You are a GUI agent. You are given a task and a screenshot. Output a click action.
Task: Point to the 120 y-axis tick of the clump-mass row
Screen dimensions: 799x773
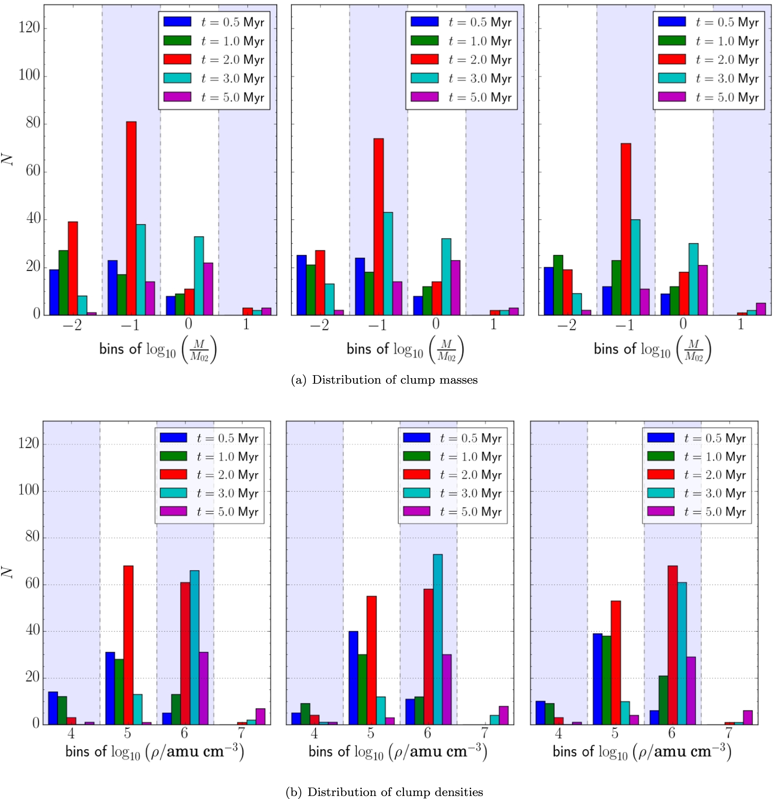(x=29, y=28)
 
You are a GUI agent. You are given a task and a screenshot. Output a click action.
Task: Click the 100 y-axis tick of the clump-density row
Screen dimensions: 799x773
(x=29, y=490)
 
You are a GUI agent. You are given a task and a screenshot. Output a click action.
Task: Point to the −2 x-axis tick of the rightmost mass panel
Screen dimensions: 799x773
(x=567, y=325)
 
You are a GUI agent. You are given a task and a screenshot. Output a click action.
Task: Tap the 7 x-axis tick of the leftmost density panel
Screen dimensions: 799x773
(x=242, y=733)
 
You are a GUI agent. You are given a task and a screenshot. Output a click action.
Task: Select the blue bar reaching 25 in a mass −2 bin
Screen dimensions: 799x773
(x=301, y=285)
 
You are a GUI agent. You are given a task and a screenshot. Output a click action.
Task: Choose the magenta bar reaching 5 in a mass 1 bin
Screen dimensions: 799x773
(x=761, y=309)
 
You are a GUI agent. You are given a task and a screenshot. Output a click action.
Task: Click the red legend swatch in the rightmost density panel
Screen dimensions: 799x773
(x=661, y=474)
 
